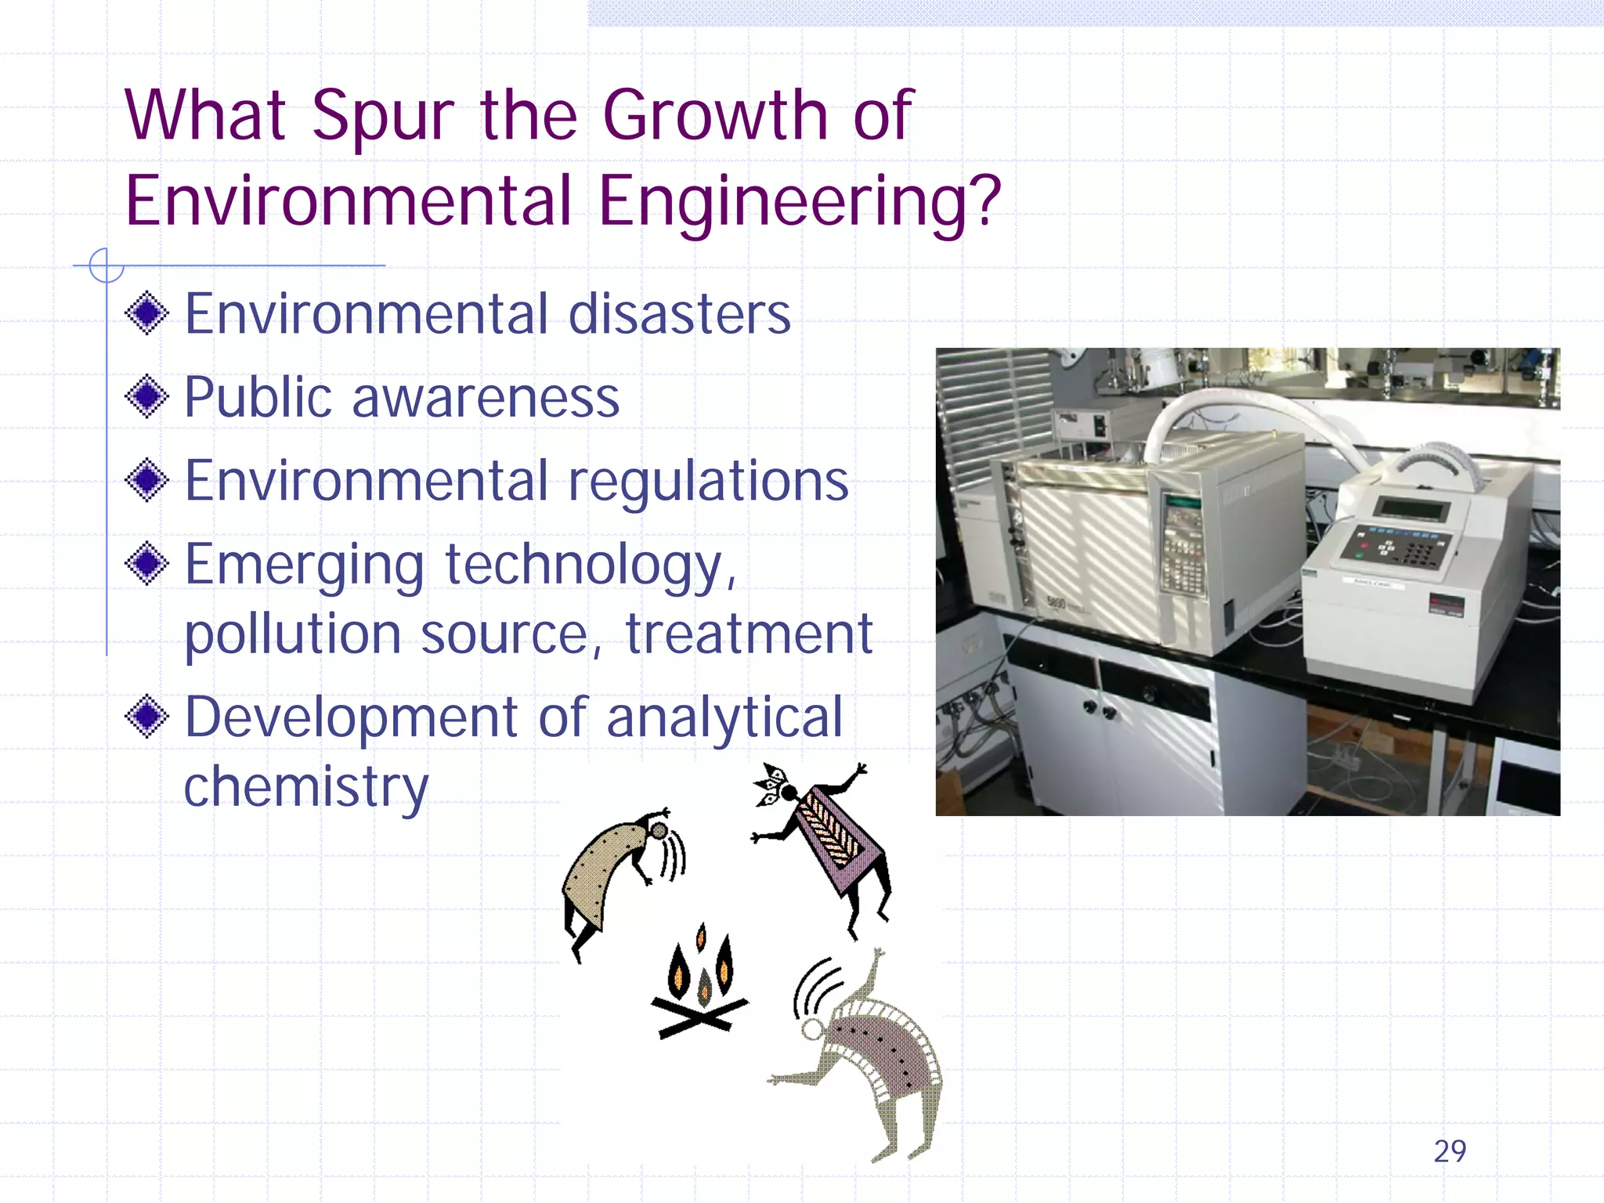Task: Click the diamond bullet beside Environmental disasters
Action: (x=146, y=313)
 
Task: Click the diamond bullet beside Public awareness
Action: (x=146, y=396)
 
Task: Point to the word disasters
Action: (x=679, y=314)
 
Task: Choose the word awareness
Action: (x=486, y=398)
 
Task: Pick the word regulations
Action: (x=708, y=482)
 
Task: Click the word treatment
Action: (x=748, y=634)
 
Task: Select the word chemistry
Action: (x=306, y=787)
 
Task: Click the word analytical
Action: (x=724, y=717)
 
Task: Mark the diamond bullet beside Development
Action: (x=146, y=716)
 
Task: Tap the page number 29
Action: (x=1449, y=1151)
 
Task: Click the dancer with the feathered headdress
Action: (x=822, y=838)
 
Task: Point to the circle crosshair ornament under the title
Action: (x=107, y=266)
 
